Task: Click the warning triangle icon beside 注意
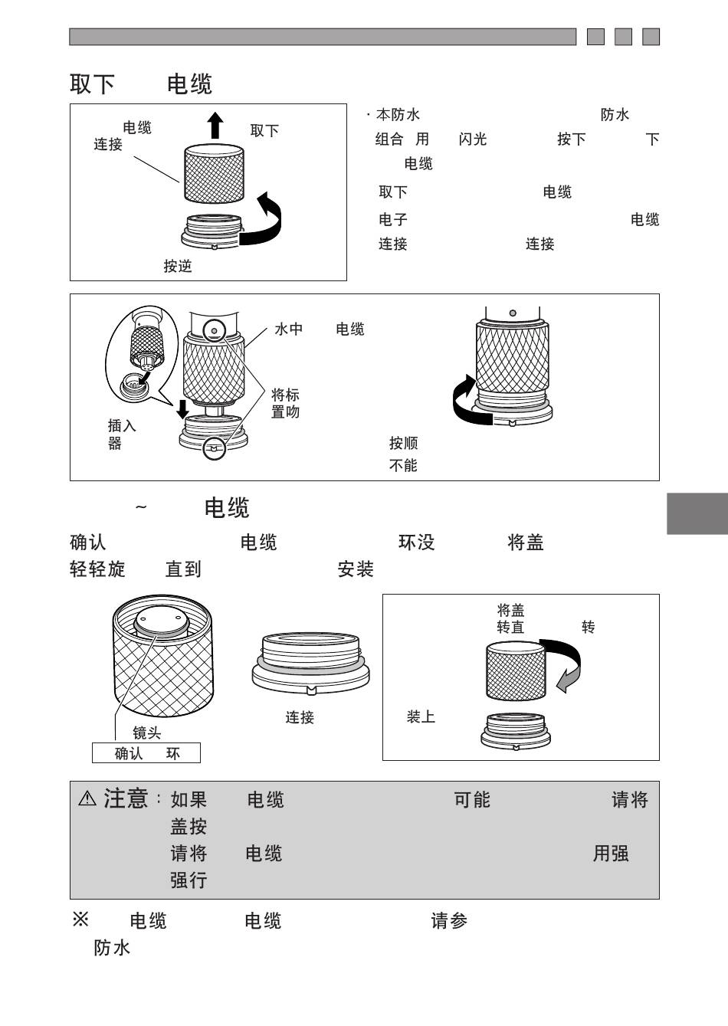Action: click(87, 799)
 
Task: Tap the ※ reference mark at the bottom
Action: click(80, 919)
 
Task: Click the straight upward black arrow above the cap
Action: click(215, 125)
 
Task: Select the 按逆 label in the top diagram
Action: click(178, 266)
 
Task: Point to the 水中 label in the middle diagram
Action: click(289, 329)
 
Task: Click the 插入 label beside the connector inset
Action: click(122, 426)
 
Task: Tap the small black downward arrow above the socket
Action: click(183, 409)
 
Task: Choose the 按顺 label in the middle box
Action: click(404, 443)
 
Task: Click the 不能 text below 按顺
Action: click(403, 466)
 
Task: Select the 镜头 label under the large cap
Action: click(147, 733)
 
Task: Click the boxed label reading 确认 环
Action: click(146, 753)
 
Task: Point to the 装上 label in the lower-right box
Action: click(421, 717)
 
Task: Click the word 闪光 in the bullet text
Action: click(473, 139)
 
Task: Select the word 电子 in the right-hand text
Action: click(393, 219)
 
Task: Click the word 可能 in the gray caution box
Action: click(472, 800)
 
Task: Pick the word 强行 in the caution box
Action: click(189, 880)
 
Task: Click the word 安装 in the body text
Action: click(356, 569)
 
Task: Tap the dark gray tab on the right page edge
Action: click(697, 513)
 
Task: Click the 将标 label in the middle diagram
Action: click(285, 395)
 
